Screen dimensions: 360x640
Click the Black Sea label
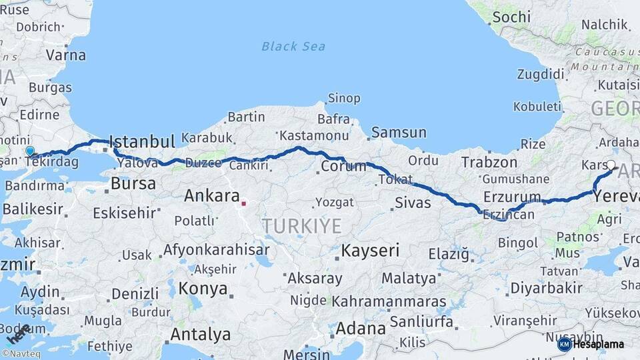click(293, 46)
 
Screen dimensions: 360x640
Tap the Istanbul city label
click(142, 141)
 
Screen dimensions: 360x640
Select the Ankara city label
click(211, 196)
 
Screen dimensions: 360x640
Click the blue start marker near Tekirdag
click(29, 151)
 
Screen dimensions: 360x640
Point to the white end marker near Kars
click(611, 164)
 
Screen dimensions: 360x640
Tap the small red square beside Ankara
click(244, 203)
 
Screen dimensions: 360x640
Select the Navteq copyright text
click(21, 353)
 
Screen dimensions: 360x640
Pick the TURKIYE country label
click(301, 226)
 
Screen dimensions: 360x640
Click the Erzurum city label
click(512, 197)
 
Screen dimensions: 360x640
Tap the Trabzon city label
click(489, 162)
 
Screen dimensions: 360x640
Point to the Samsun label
click(399, 132)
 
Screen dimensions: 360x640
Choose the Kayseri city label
click(370, 251)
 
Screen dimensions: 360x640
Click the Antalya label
click(200, 333)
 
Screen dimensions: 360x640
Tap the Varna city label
click(66, 55)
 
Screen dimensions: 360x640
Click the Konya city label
click(203, 289)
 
